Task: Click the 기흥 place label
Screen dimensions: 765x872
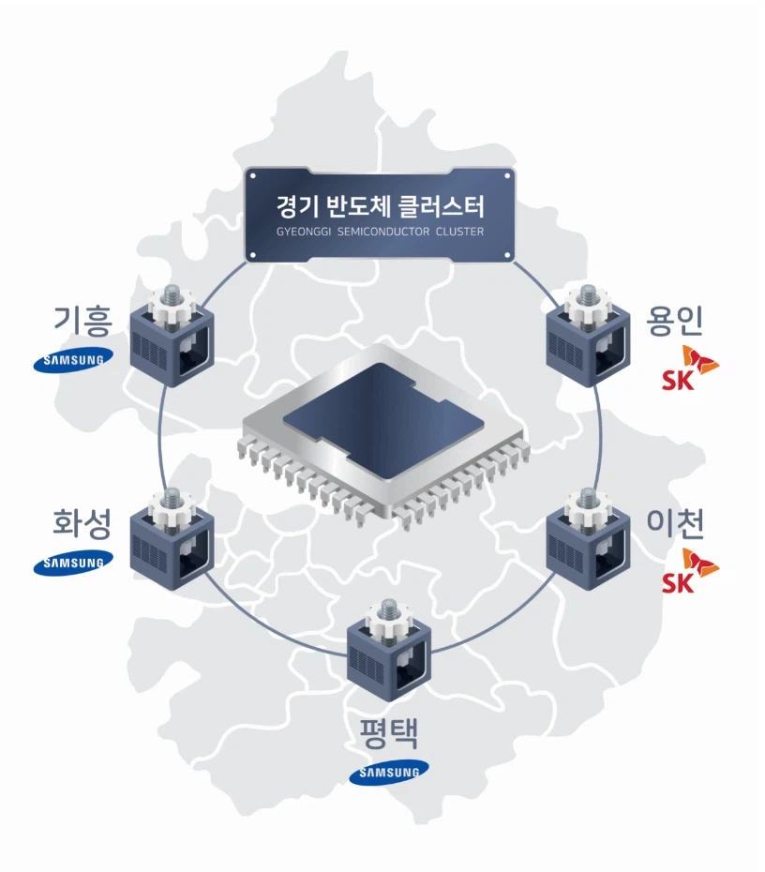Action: pyautogui.click(x=82, y=321)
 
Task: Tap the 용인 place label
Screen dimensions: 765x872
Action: pyautogui.click(x=674, y=321)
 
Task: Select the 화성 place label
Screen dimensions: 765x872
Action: pyautogui.click(x=82, y=523)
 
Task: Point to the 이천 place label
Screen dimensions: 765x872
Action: pyautogui.click(x=675, y=523)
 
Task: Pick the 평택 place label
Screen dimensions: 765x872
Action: pyautogui.click(x=389, y=734)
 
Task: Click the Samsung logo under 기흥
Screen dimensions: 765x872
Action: pyautogui.click(x=73, y=360)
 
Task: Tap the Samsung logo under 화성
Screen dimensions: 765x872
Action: pyautogui.click(x=73, y=563)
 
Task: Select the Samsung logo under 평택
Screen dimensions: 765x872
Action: pyautogui.click(x=389, y=772)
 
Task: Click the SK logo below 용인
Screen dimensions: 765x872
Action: pyautogui.click(x=689, y=368)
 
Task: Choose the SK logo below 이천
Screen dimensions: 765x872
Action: pyautogui.click(x=689, y=571)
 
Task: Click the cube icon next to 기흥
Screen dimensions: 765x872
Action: pyautogui.click(x=172, y=337)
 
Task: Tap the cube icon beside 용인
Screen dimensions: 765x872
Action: pyautogui.click(x=588, y=337)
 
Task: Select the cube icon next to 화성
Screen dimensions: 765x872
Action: pyautogui.click(x=172, y=539)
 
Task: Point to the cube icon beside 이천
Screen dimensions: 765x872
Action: pyautogui.click(x=588, y=539)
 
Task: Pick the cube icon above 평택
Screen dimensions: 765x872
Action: pyautogui.click(x=389, y=650)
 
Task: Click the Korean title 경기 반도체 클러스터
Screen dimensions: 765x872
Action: pyautogui.click(x=381, y=206)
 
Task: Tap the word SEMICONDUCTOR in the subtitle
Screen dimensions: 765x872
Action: pyautogui.click(x=383, y=232)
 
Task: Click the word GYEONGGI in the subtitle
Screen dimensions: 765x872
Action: pyautogui.click(x=304, y=232)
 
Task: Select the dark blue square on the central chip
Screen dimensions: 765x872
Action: pyautogui.click(x=383, y=421)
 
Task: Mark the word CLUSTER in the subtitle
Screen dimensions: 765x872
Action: pyautogui.click(x=459, y=232)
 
